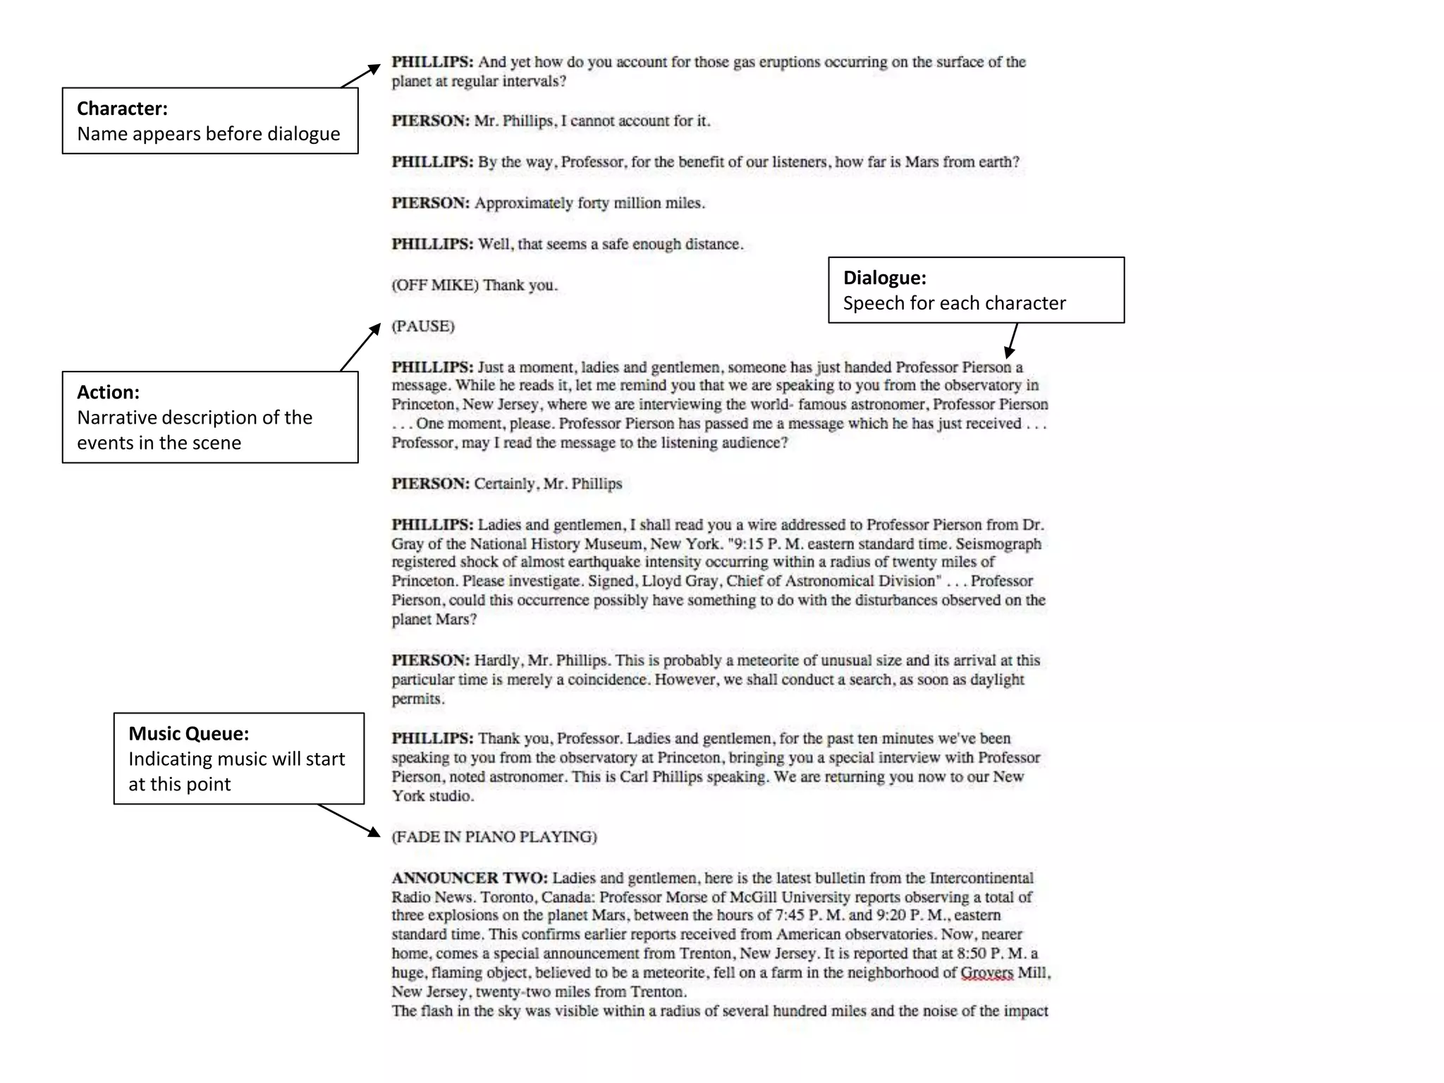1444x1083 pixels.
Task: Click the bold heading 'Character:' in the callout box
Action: pos(122,109)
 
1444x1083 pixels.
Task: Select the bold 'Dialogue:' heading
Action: pos(884,278)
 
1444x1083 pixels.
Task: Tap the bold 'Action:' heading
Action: pos(108,392)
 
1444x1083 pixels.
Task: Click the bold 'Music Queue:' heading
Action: pos(188,733)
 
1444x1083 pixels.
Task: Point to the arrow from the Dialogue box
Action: pos(1012,341)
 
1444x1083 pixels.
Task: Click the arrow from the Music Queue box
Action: pos(349,821)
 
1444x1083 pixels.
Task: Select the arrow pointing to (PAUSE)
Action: pos(360,347)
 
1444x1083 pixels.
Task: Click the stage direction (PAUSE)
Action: pos(423,326)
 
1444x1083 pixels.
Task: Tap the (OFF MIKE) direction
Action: pos(435,286)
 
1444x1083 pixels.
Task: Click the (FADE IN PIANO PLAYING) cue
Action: pos(494,837)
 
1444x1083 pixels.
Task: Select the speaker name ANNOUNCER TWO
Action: pos(470,878)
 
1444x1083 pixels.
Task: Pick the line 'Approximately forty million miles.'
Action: pos(589,203)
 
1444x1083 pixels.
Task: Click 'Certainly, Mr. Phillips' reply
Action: pos(548,484)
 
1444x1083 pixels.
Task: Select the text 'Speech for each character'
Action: pos(954,303)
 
